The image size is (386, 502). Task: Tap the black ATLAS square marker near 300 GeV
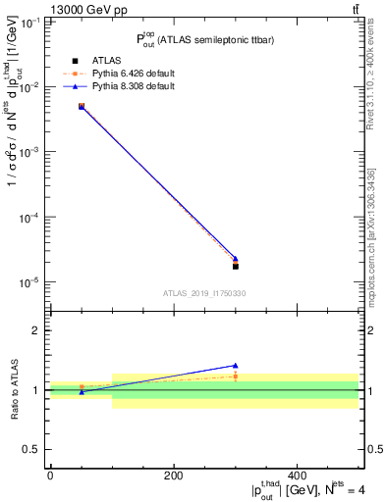coord(236,266)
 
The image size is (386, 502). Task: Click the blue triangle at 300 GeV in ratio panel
coord(236,366)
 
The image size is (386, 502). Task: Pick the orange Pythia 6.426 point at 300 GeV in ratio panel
coord(236,376)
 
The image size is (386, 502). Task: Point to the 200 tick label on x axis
coord(173,475)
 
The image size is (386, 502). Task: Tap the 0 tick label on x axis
coord(50,475)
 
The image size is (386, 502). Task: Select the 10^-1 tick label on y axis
coord(28,23)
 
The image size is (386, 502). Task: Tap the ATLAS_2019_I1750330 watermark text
coord(203,293)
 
